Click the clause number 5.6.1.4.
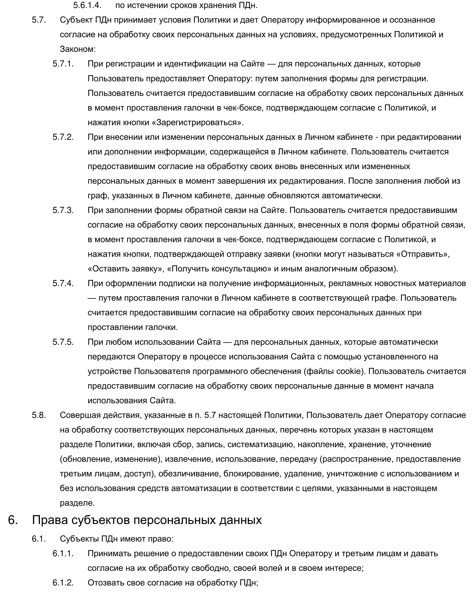[87, 5]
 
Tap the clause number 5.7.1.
[63, 64]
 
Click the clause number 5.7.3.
[63, 210]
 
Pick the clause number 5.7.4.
[63, 283]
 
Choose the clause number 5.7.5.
[63, 342]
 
